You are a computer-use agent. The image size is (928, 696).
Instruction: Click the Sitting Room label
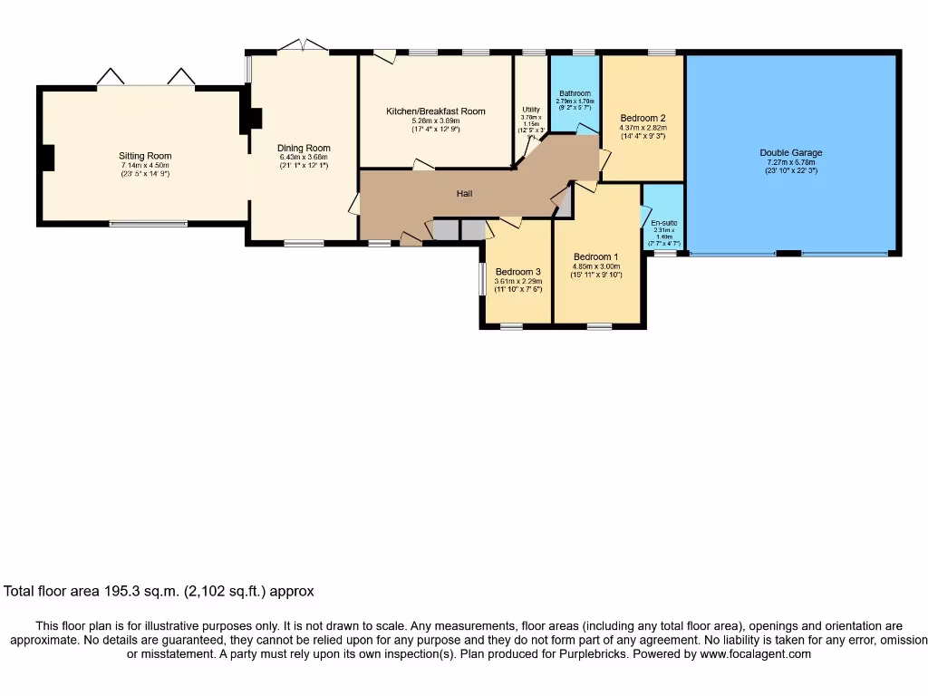145,156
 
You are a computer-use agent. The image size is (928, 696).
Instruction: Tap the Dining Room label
304,148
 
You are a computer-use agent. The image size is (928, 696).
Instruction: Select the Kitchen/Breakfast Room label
435,111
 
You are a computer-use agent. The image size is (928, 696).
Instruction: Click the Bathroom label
575,93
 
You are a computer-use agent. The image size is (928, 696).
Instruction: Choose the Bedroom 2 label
643,118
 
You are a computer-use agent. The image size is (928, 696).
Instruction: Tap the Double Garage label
790,153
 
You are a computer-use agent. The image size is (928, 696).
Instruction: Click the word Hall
464,193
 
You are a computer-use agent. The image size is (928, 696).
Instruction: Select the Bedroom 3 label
517,271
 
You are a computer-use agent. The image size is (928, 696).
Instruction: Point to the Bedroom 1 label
595,256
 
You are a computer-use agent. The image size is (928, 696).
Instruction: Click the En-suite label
663,222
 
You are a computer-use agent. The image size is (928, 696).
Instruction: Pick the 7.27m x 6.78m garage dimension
790,162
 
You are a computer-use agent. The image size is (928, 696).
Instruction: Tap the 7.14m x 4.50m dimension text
145,165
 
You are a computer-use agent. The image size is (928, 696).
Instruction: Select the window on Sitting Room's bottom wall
148,223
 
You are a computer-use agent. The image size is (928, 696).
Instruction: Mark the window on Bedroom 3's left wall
482,278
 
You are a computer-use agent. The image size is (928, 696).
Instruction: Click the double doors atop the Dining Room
302,45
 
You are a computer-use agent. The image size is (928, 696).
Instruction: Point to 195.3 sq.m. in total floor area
145,592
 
